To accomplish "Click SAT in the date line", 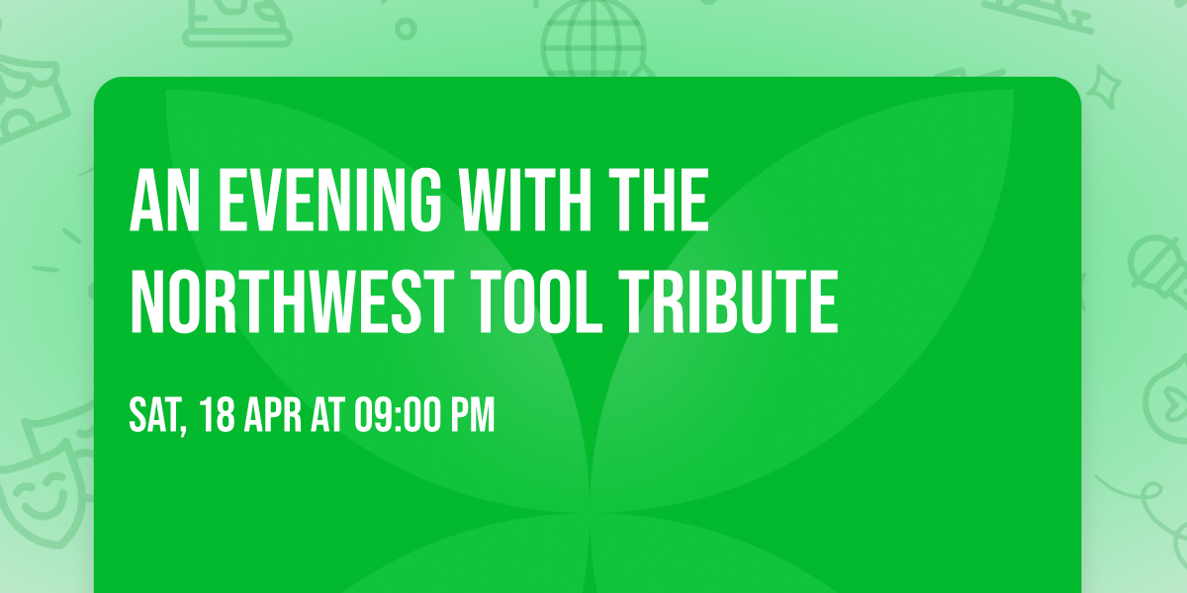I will coord(154,416).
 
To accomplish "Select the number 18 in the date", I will coord(219,416).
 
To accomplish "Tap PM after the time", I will coord(473,416).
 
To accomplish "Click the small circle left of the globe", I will coord(405,27).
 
